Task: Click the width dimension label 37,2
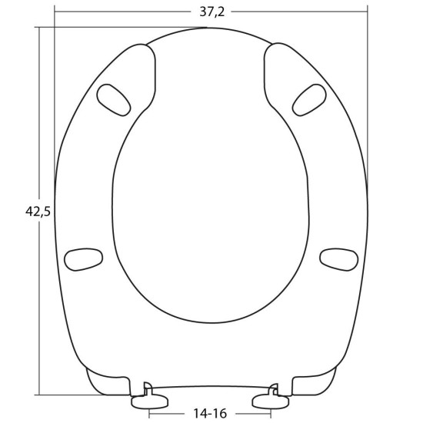click(x=211, y=12)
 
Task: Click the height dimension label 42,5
click(x=38, y=211)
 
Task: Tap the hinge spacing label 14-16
click(x=210, y=413)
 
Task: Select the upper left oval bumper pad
click(x=114, y=100)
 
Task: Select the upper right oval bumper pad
click(x=309, y=100)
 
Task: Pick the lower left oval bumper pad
click(x=83, y=259)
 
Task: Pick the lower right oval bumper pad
click(x=339, y=259)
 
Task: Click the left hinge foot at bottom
click(x=150, y=401)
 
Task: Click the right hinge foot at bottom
click(x=271, y=401)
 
